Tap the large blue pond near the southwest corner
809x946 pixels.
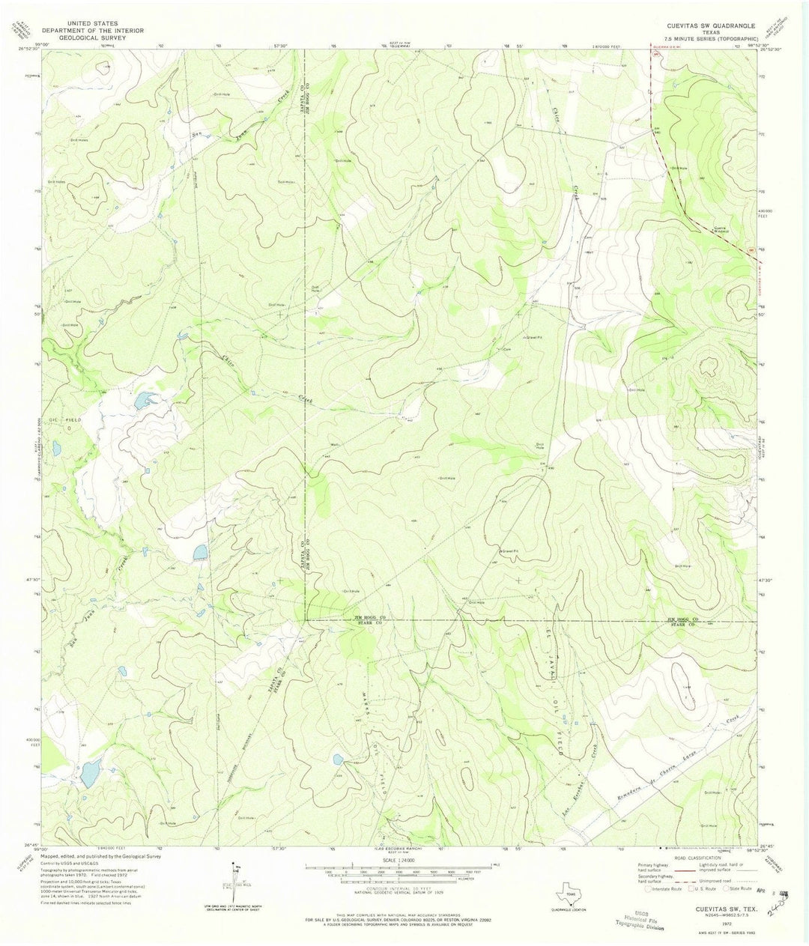(90, 772)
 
